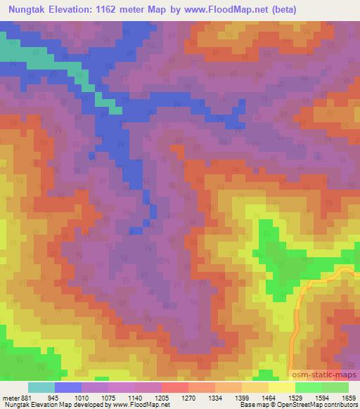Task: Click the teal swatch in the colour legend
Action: tap(41, 387)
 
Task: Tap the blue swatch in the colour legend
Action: tap(68, 387)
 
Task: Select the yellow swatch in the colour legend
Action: tap(282, 387)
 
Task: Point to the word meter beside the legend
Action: tap(10, 397)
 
